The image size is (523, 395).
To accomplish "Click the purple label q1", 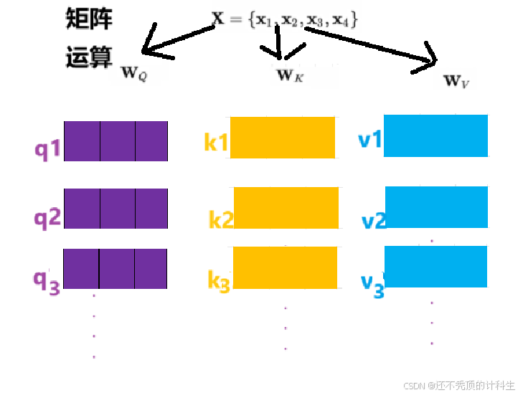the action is [49, 151].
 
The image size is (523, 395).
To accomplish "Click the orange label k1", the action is [216, 143].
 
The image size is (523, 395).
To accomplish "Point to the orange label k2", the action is [221, 219].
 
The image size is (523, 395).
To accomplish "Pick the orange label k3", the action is [219, 282].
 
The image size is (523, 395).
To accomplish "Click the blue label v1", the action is [370, 138].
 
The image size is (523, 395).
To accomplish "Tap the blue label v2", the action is [374, 221].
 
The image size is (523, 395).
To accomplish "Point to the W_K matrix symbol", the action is [290, 74].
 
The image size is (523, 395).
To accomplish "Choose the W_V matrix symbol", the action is [456, 80].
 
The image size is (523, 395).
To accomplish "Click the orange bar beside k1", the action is [282, 137].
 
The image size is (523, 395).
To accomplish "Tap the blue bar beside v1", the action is [435, 135].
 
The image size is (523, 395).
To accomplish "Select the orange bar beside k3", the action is [286, 267].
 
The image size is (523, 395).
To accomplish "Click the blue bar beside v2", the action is [436, 207].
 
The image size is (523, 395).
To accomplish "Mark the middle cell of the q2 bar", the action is [117, 209].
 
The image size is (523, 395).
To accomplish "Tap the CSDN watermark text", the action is [459, 385].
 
